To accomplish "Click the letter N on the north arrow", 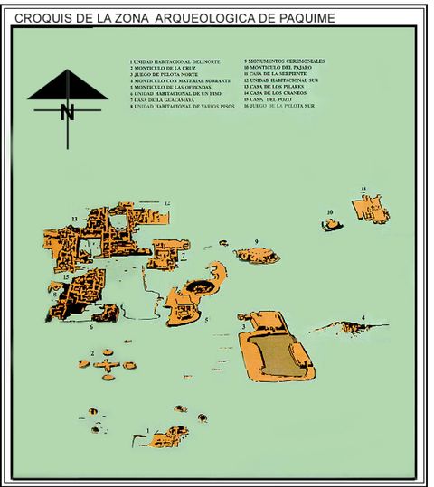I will (67, 112).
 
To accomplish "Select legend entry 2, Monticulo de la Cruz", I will (163, 68).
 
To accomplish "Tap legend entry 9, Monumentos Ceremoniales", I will (284, 61).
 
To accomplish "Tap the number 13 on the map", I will (73, 220).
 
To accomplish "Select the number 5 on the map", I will (206, 320).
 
